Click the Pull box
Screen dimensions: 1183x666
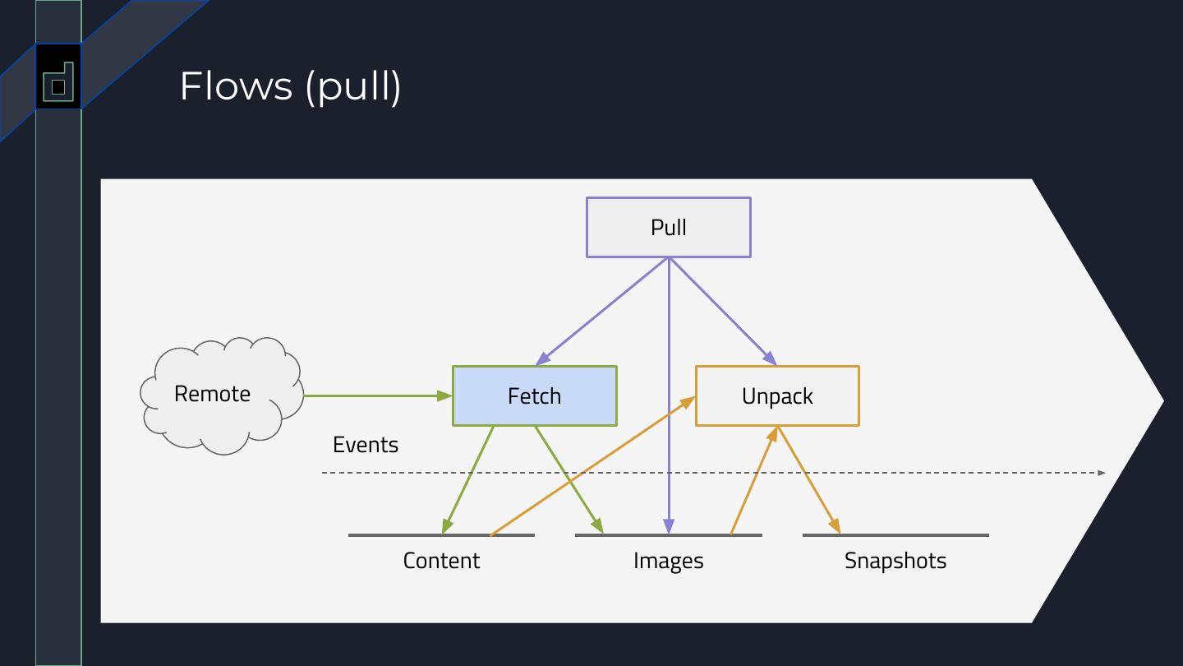point(669,227)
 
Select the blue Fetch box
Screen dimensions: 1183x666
point(535,396)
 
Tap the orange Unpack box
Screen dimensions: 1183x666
point(777,396)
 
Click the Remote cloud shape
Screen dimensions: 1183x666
point(222,395)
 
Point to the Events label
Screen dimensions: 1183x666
point(366,445)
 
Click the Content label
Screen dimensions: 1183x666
point(441,560)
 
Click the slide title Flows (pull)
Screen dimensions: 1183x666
point(291,86)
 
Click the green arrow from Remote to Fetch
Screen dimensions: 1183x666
point(378,395)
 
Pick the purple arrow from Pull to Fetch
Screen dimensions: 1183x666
point(602,312)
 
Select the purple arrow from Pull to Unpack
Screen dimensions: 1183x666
point(723,312)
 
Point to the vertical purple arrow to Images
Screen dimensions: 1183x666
point(669,395)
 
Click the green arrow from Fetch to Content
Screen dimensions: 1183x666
point(468,480)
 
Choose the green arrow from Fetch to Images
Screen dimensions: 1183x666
point(568,480)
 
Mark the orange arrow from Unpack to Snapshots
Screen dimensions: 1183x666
point(808,480)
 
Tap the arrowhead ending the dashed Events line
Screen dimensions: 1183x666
point(1101,473)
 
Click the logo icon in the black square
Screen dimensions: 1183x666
point(58,82)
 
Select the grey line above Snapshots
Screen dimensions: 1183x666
point(895,535)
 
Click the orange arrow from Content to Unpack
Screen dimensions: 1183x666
point(592,466)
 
